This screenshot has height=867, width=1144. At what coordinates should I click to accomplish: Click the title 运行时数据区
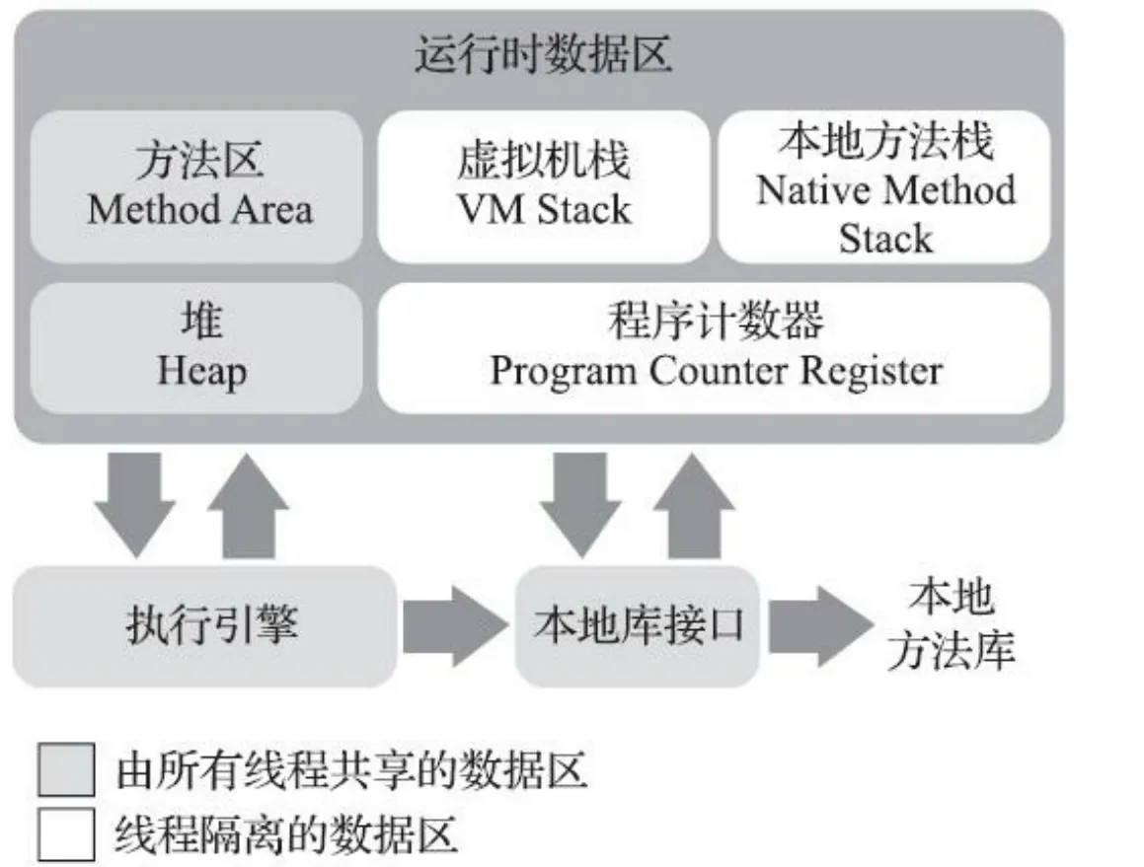(x=542, y=56)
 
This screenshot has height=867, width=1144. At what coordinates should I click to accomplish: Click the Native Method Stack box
(x=884, y=187)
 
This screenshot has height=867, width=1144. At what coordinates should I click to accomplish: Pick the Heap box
(x=197, y=347)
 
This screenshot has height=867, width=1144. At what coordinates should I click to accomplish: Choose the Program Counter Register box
(x=715, y=347)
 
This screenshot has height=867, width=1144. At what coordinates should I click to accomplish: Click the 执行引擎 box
(x=205, y=625)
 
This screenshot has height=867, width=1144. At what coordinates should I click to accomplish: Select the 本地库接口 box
(x=638, y=625)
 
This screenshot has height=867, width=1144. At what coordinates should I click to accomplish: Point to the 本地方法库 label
(x=950, y=625)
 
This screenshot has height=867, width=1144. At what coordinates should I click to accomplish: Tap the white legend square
(x=67, y=834)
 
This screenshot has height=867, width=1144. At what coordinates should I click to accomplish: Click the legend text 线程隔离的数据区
(x=286, y=834)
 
